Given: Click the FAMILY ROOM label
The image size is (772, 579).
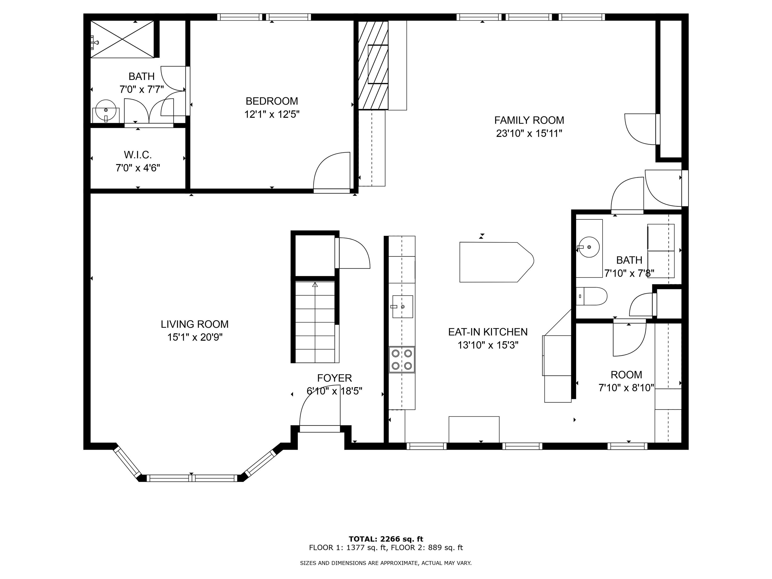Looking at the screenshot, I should (529, 120).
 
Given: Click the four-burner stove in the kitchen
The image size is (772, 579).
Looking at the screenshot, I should (402, 359).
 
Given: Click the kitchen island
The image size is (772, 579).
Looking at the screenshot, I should (494, 262).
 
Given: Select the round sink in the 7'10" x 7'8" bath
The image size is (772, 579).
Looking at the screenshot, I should (589, 247).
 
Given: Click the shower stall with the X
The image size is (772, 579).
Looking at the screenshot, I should (122, 39).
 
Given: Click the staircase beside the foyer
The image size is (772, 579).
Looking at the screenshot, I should (315, 323).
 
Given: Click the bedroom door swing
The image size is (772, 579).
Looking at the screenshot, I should (331, 172).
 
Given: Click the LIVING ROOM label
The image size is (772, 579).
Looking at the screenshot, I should (195, 324).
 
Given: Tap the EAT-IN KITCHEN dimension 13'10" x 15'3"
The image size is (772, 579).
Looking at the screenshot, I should (488, 345).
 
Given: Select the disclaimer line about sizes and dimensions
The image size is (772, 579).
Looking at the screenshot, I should (386, 563).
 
